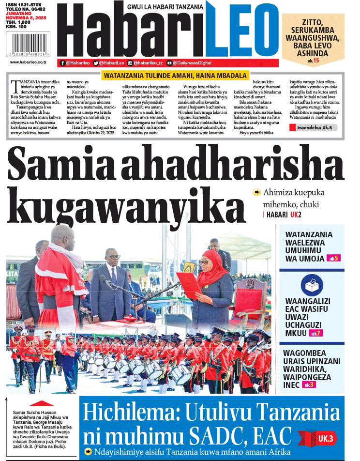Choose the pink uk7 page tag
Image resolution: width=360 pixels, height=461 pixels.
pos(315,333)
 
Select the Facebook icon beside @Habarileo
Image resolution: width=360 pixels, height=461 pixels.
pos(62,62)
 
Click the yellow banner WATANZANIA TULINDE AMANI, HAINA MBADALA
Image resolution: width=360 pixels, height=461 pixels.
pos(175,75)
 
